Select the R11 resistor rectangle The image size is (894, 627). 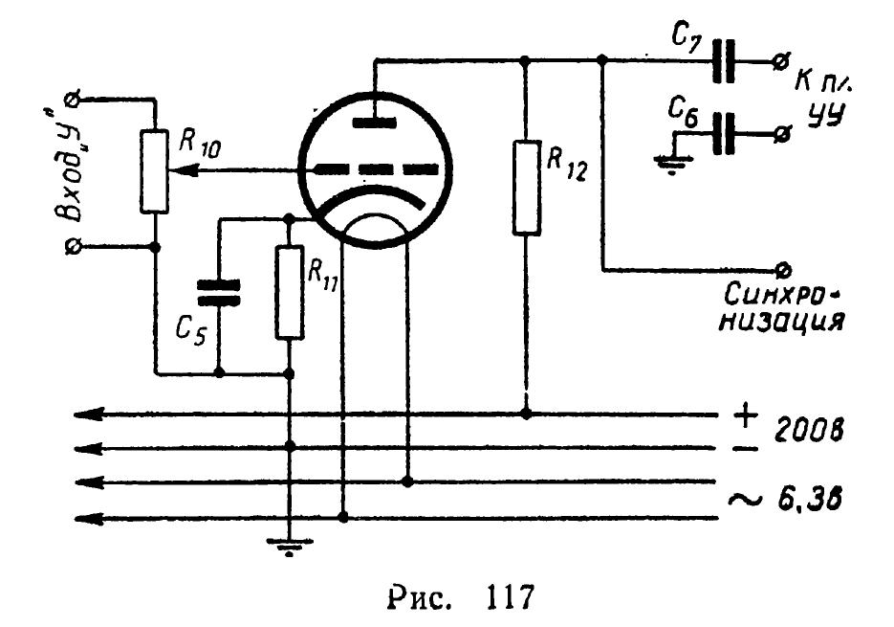click(x=290, y=292)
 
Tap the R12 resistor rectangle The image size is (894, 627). click(x=525, y=187)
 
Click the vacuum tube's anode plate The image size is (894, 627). click(x=374, y=122)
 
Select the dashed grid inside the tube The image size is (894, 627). click(x=374, y=170)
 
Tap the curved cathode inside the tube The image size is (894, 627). click(x=374, y=197)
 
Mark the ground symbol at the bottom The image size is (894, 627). click(x=290, y=548)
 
